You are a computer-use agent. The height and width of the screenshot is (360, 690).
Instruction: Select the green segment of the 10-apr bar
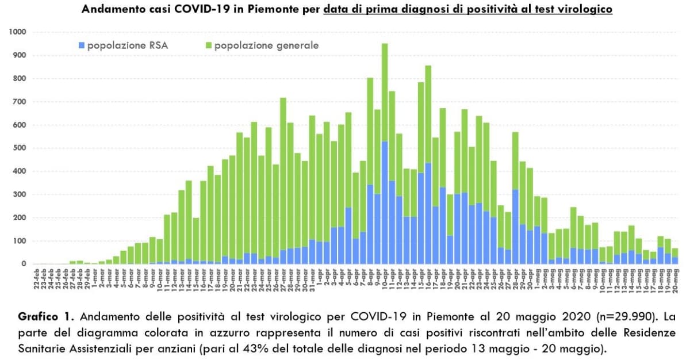(x=385, y=92)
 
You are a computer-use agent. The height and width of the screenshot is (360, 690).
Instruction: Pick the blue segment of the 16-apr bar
(x=428, y=213)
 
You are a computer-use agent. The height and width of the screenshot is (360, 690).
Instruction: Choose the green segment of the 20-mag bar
(x=676, y=252)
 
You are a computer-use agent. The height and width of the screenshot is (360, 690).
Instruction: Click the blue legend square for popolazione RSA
(x=81, y=45)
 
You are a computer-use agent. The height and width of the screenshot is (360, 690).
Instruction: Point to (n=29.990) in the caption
(x=591, y=317)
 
